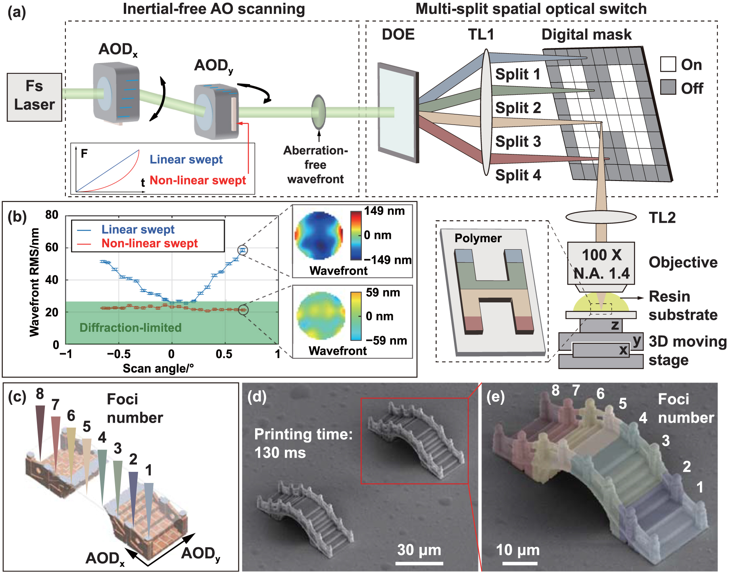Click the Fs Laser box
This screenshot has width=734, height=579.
tap(35, 97)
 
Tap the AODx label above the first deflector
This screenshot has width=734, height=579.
tap(118, 50)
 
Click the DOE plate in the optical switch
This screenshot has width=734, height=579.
tap(398, 112)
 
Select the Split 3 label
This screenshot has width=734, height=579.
tap(518, 142)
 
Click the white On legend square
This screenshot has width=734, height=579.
tap(668, 64)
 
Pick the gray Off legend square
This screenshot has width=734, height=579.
tap(668, 87)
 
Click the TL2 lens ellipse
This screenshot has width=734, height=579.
tap(601, 217)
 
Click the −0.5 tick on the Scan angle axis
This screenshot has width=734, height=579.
tap(119, 354)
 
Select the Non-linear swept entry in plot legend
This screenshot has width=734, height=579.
tap(149, 243)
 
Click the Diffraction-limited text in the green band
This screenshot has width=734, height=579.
tap(130, 328)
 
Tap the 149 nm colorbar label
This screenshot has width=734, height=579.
tap(384, 211)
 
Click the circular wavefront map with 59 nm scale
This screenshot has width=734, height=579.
tap(321, 315)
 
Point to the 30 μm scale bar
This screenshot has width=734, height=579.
tap(419, 562)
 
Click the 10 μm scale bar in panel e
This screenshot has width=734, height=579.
tap(520, 562)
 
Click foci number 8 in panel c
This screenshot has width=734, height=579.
tap(40, 394)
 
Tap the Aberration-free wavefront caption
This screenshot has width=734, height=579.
tap(315, 165)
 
